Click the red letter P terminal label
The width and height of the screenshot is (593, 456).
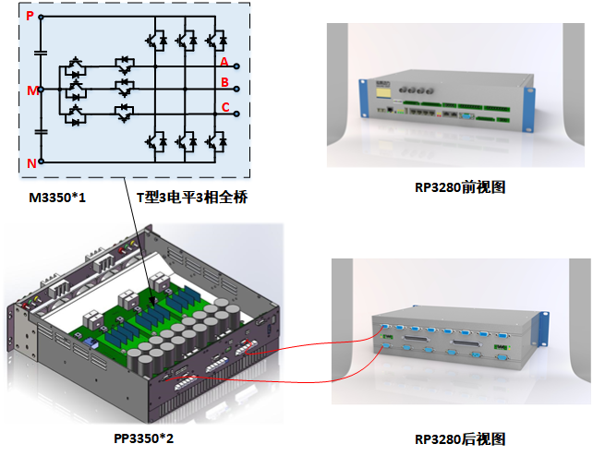tap(30, 16)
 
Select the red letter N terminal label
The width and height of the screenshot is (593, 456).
tap(30, 162)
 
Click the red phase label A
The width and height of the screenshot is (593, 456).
tap(224, 61)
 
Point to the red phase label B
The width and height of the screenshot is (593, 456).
tap(224, 82)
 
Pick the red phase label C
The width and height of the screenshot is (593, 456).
tap(224, 106)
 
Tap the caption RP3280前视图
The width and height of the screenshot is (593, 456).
tap(460, 188)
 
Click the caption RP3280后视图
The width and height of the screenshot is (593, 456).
tap(460, 438)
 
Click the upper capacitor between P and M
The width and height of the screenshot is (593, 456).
tap(41, 54)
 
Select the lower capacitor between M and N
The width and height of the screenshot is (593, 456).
tap(41, 131)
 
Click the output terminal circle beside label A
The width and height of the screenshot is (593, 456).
tap(238, 66)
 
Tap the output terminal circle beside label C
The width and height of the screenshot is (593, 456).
tap(238, 113)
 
